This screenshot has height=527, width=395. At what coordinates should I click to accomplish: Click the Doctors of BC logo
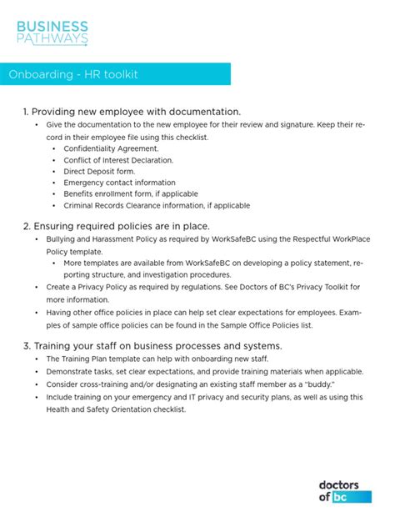[344, 490]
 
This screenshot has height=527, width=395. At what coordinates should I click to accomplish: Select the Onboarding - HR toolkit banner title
[73, 75]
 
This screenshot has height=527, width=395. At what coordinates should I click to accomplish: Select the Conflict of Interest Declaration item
[118, 159]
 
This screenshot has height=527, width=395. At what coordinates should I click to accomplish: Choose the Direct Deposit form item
[98, 171]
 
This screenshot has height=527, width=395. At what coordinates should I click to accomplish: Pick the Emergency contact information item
[119, 183]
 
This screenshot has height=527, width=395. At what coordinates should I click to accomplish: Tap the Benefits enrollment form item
[131, 193]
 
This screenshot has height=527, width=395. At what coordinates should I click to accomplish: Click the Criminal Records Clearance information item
[156, 205]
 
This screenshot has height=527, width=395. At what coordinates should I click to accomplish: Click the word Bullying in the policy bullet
[62, 239]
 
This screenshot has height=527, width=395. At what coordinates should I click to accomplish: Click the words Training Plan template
[102, 359]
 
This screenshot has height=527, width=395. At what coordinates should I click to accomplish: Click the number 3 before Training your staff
[26, 345]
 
